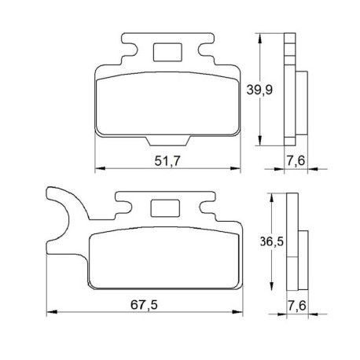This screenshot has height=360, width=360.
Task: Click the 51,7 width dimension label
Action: pyautogui.click(x=167, y=161)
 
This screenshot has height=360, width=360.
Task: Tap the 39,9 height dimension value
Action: pyautogui.click(x=259, y=90)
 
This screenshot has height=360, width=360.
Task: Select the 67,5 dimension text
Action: pyautogui.click(x=144, y=305)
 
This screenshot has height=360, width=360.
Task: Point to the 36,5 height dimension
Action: pyautogui.click(x=272, y=241)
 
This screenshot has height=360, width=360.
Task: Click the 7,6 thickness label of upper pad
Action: pyautogui.click(x=296, y=160)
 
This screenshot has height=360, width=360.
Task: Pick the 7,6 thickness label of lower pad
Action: pyautogui.click(x=297, y=306)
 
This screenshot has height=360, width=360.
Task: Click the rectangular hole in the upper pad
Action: pyautogui.click(x=167, y=53)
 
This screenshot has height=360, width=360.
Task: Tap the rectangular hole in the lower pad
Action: pyautogui.click(x=165, y=208)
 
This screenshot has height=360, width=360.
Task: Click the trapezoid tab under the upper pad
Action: pyautogui.click(x=167, y=141)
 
